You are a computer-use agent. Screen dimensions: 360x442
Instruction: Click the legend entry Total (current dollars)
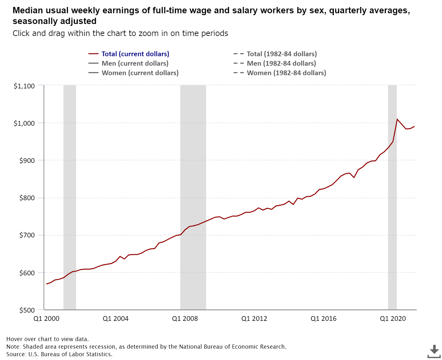(135, 54)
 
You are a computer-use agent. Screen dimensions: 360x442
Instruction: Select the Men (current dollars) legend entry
(135, 63)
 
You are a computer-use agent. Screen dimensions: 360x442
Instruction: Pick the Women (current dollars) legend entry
(140, 73)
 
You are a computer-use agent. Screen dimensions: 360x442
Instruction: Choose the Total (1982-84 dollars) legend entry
(282, 54)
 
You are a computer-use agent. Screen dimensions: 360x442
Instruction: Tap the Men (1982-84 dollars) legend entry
(281, 63)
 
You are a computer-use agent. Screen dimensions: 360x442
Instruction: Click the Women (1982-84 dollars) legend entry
(286, 73)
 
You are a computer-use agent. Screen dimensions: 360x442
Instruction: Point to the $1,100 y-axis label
(24, 86)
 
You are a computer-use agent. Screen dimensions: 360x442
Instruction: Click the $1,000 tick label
(24, 123)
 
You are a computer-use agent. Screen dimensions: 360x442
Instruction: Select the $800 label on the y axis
(27, 198)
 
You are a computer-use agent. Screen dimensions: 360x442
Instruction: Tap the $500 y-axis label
(27, 310)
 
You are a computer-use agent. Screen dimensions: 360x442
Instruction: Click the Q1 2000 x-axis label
(46, 319)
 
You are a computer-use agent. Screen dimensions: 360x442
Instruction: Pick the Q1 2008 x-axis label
(185, 319)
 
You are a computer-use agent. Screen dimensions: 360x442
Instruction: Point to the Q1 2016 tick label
(324, 319)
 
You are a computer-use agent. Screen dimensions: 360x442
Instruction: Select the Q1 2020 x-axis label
(393, 319)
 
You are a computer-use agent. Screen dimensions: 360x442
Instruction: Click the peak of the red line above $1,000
(397, 119)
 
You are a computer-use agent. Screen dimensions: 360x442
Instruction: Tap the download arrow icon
(434, 351)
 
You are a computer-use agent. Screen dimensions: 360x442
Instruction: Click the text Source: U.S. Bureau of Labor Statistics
(59, 354)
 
